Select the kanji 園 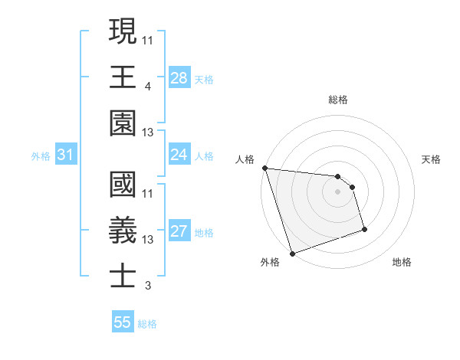(x=123, y=123)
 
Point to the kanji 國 (x=123, y=184)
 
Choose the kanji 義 (x=123, y=230)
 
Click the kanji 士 (x=123, y=276)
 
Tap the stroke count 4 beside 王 (x=147, y=85)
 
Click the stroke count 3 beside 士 (x=147, y=286)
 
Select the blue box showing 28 (x=179, y=77)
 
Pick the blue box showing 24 (x=179, y=155)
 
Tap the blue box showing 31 (x=66, y=155)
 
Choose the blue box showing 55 (x=123, y=322)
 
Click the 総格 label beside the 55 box (x=147, y=324)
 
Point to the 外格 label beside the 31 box (x=41, y=156)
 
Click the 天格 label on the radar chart (x=432, y=159)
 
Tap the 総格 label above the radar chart (x=338, y=100)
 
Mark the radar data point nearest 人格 (x=264, y=168)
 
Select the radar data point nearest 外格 (x=293, y=254)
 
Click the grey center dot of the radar (x=337, y=191)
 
